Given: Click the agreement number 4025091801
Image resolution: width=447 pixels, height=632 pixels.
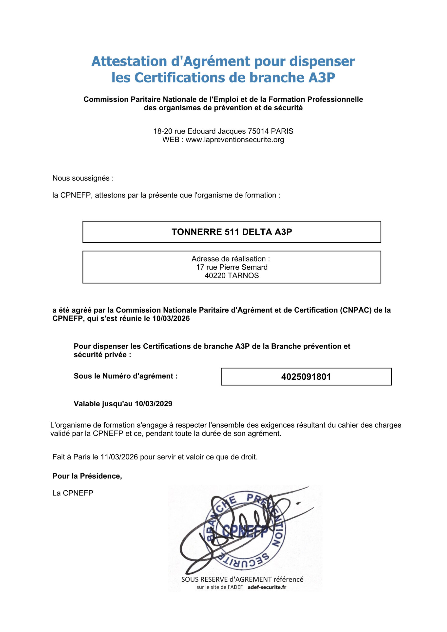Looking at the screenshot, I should click(306, 376).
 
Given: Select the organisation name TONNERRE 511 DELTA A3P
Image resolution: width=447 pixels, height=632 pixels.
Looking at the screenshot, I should click(232, 232).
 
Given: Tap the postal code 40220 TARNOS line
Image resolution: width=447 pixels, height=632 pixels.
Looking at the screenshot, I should click(232, 276).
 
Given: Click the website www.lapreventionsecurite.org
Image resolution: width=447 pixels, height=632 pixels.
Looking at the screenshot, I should click(235, 139).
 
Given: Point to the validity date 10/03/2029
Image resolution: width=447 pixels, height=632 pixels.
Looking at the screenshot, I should click(153, 404).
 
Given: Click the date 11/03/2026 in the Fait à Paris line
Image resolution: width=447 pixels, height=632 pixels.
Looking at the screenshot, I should click(119, 457).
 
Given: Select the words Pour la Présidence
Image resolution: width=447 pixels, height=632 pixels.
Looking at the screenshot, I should click(87, 476).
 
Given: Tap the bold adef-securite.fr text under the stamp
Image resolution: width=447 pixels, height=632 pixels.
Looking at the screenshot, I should click(267, 587).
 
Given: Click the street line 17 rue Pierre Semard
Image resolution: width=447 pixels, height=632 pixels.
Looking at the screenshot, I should click(232, 267).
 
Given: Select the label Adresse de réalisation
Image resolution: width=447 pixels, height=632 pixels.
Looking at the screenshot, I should click(230, 259).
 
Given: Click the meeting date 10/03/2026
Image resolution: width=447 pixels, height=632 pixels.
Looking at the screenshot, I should click(171, 318).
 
